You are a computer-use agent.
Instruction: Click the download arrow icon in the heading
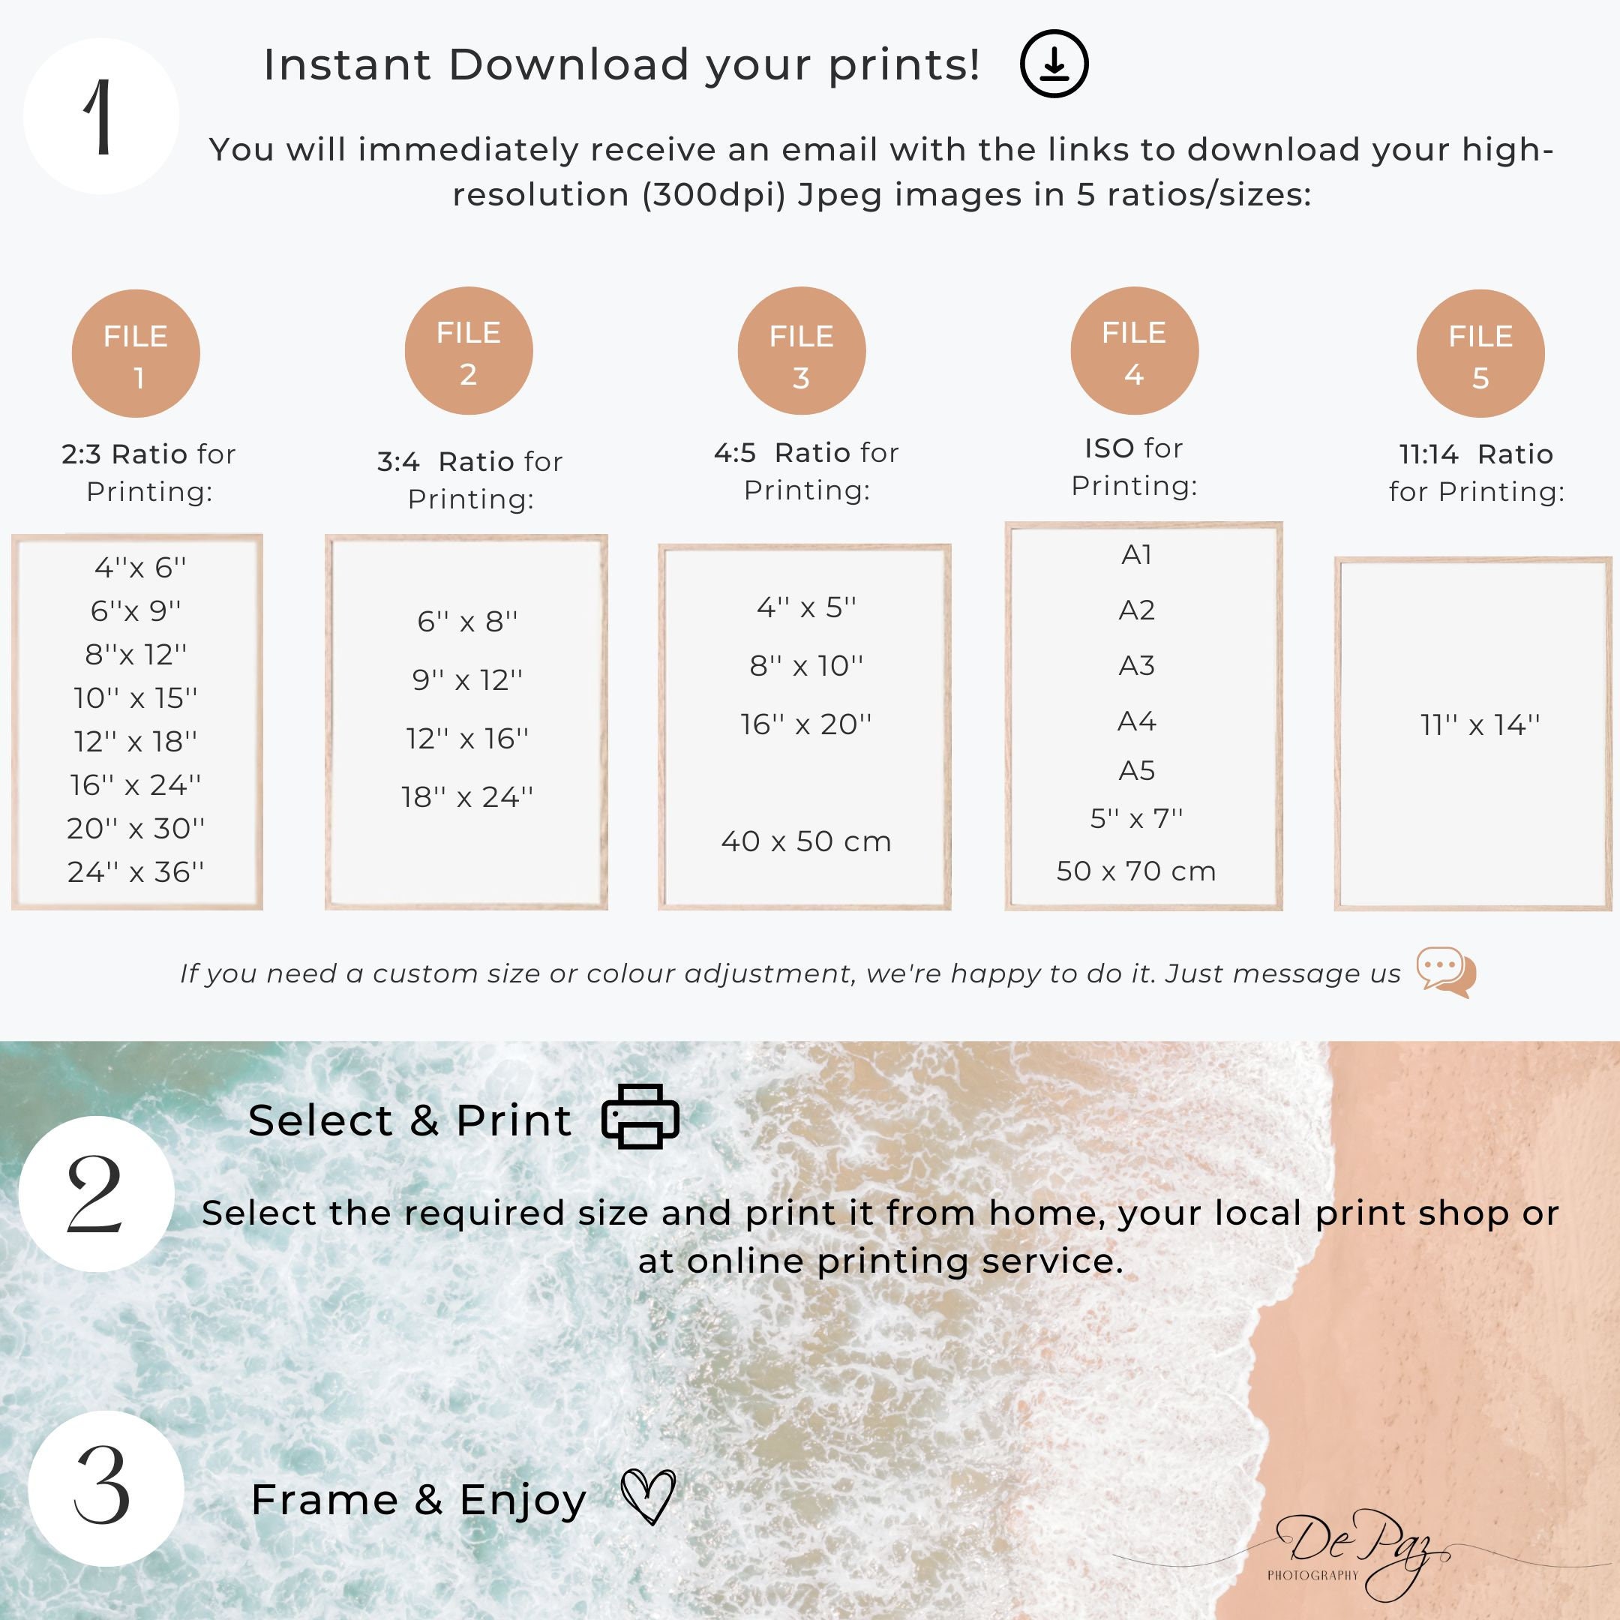point(1054,64)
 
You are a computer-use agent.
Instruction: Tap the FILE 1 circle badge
point(136,354)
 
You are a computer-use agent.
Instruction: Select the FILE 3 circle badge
point(802,351)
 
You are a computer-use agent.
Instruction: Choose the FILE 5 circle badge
point(1480,354)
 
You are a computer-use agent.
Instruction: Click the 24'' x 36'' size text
point(136,872)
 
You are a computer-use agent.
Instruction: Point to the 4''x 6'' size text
point(140,568)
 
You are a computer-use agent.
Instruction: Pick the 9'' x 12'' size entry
point(467,680)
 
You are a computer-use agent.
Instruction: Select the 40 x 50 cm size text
point(805,841)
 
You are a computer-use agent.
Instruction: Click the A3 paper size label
point(1136,666)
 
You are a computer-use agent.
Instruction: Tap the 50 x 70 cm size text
point(1136,871)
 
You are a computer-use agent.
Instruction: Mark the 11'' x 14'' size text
point(1480,724)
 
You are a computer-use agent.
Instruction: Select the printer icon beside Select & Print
point(640,1116)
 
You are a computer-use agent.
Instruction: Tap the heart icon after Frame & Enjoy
point(648,1497)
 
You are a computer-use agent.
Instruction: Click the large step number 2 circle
point(97,1193)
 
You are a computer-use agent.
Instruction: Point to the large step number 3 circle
point(106,1488)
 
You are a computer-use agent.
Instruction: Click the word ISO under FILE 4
point(1109,448)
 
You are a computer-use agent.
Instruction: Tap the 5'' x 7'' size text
point(1136,817)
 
